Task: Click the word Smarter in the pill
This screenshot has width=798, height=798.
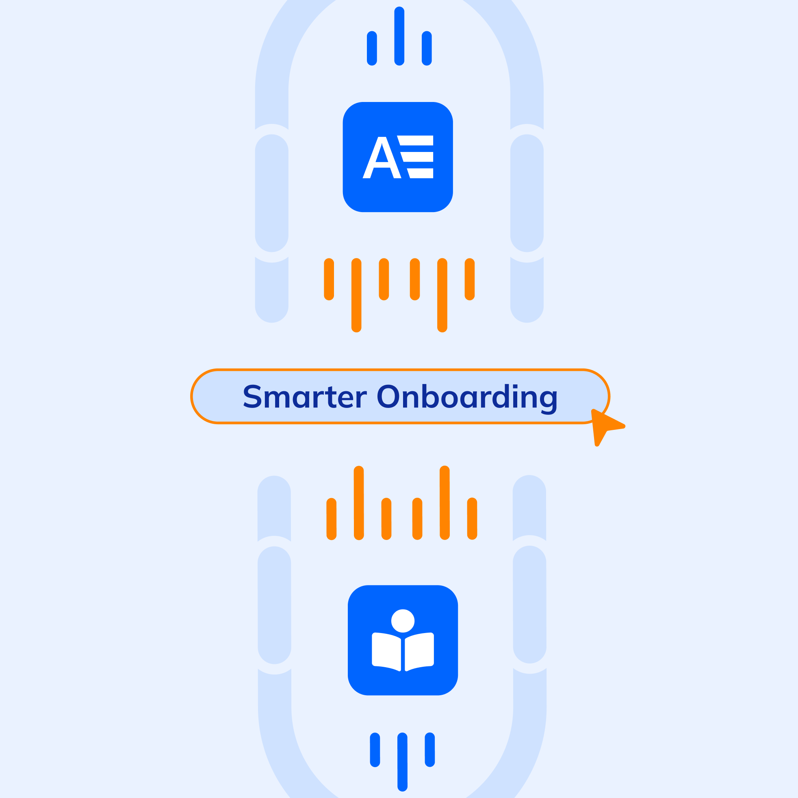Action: click(304, 397)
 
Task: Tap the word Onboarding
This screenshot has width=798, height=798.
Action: click(467, 397)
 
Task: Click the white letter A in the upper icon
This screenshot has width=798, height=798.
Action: click(382, 158)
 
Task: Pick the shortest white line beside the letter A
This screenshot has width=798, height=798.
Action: click(421, 173)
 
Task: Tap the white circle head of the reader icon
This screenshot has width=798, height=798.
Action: click(403, 621)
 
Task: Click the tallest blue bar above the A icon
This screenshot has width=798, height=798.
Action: click(399, 36)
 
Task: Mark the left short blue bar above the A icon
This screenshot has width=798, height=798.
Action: click(372, 48)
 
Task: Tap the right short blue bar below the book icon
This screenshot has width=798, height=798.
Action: click(430, 750)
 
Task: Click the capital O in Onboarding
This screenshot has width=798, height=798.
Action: click(388, 396)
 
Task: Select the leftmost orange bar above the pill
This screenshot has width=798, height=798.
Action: click(329, 279)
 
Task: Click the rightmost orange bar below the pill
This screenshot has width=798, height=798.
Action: click(472, 519)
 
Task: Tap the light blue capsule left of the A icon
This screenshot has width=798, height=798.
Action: click(271, 193)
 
